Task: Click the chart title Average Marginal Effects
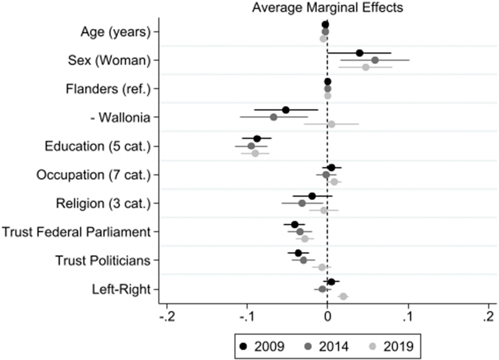[x=327, y=8]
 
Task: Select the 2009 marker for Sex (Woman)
[x=359, y=53]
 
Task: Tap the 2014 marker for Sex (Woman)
[x=375, y=60]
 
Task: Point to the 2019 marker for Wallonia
[x=331, y=124]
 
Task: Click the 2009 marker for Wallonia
[x=286, y=110]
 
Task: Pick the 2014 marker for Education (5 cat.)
[x=251, y=146]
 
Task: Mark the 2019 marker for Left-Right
[x=343, y=296]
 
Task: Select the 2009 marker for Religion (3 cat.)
[x=312, y=196]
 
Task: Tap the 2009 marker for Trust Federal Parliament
[x=295, y=224]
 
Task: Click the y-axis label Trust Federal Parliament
[x=76, y=232]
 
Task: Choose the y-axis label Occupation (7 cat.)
[x=93, y=175]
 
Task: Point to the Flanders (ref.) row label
[x=108, y=89]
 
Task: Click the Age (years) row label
[x=115, y=32]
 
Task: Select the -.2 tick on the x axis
[x=167, y=317]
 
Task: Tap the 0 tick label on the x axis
[x=328, y=317]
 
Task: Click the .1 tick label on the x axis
[x=408, y=317]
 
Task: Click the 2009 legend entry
[x=262, y=346]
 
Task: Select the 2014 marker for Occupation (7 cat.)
[x=326, y=175]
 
